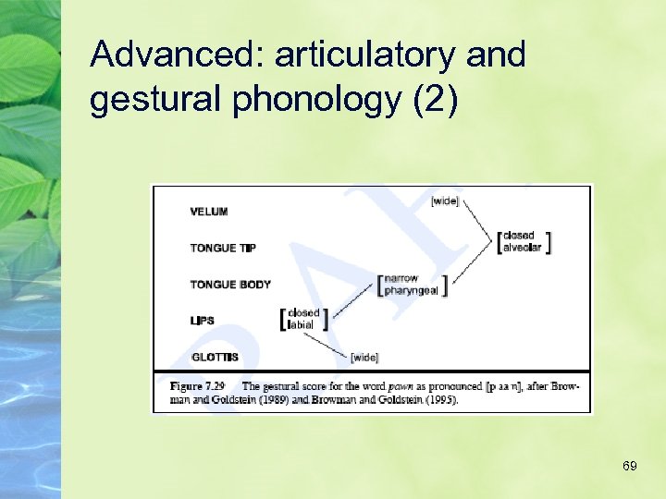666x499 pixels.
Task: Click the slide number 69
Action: [x=629, y=466]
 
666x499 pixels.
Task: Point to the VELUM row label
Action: [x=209, y=212]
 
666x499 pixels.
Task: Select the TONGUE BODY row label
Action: [x=230, y=284]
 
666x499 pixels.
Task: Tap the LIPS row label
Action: [x=203, y=321]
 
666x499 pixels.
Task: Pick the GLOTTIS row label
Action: [x=215, y=357]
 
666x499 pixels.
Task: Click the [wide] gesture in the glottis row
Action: [x=364, y=358]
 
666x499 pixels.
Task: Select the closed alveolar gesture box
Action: [x=524, y=241]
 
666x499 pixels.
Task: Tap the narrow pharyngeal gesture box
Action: [x=413, y=283]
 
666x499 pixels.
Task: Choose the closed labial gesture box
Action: [x=303, y=319]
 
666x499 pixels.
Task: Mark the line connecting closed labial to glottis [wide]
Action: [x=329, y=343]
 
